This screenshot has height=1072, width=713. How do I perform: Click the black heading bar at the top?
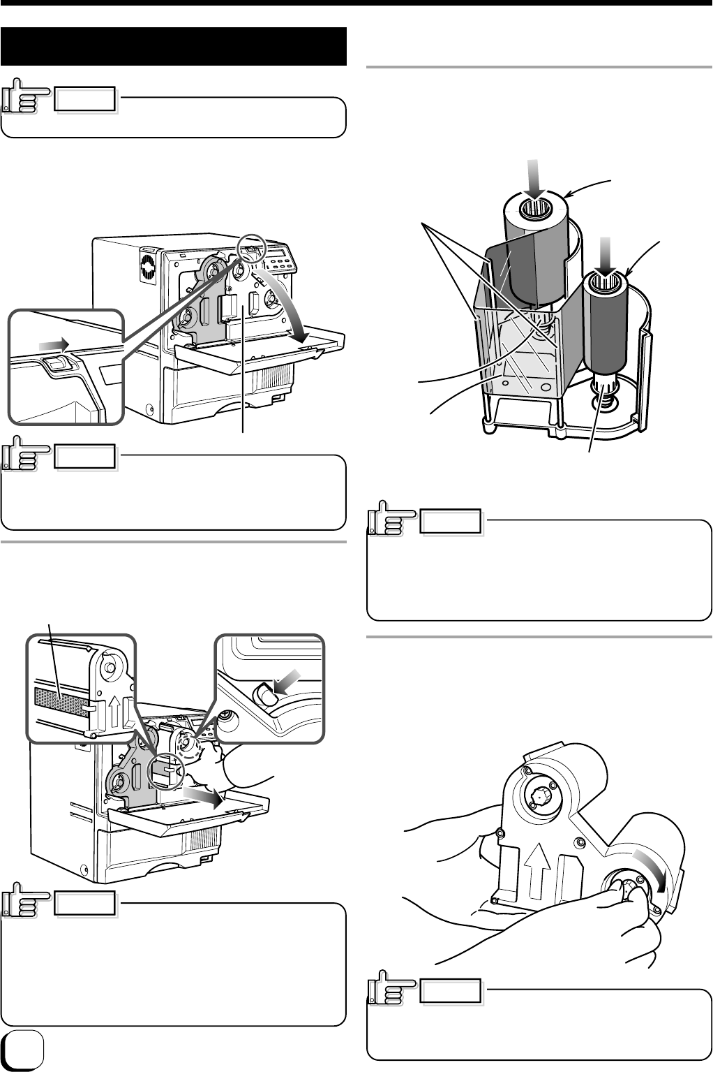[174, 46]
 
